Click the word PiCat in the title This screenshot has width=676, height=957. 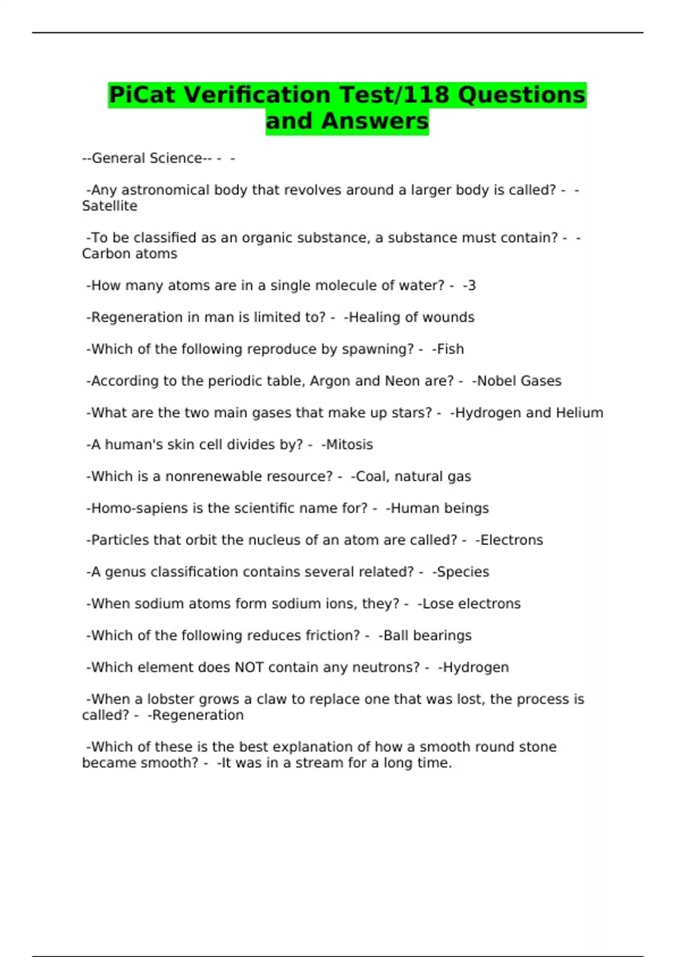[143, 95]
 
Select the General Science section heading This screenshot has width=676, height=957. [147, 158]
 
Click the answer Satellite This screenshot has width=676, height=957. [109, 206]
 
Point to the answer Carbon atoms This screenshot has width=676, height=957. [130, 254]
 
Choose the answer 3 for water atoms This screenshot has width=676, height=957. [471, 285]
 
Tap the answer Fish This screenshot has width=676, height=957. [450, 349]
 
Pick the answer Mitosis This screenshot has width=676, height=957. [349, 445]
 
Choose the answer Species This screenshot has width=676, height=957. [463, 572]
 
